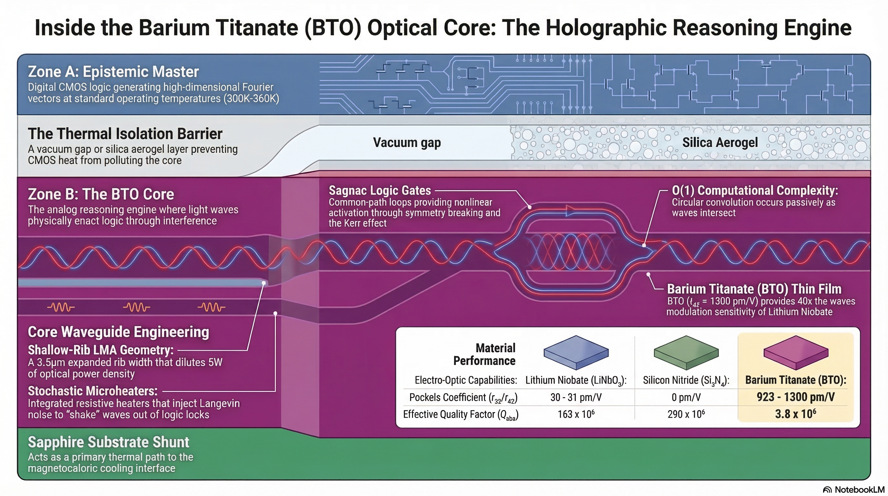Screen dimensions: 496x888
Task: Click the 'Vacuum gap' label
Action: tap(407, 142)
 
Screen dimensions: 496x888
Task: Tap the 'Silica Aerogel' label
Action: tap(720, 142)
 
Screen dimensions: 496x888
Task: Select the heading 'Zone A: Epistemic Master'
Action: tap(113, 72)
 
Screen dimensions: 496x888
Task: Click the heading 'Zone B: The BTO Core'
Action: tap(101, 194)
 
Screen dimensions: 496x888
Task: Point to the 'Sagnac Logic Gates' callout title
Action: tap(379, 191)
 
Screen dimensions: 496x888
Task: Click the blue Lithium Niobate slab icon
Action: tap(576, 353)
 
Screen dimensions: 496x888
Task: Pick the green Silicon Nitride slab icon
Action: tap(686, 353)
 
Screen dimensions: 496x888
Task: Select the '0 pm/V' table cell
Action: tap(686, 398)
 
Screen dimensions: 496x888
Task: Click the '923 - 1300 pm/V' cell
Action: tap(796, 397)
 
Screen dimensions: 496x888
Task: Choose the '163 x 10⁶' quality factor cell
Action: tap(576, 414)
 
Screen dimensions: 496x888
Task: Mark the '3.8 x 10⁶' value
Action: tap(796, 414)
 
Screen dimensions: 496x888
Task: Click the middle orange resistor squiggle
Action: tap(136, 307)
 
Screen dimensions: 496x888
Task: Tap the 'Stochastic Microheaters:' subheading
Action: tap(92, 391)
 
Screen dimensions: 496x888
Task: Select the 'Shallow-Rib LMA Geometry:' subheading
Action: tap(101, 350)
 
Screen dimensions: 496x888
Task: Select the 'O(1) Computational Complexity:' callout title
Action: tap(755, 191)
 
